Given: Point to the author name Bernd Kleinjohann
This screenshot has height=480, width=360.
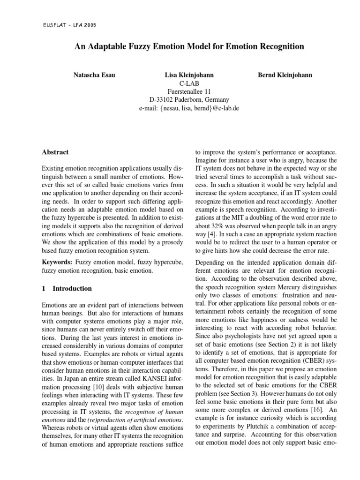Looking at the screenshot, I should click(285, 75).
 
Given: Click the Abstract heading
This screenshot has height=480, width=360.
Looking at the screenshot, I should click(55, 152).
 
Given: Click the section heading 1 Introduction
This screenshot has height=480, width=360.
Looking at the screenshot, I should click(67, 288).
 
